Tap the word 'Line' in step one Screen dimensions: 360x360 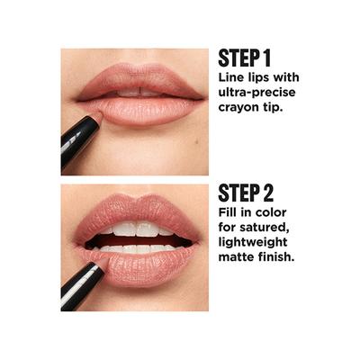tap(233, 80)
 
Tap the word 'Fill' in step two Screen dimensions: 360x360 tap(229, 215)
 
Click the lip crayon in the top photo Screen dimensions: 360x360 tap(78, 135)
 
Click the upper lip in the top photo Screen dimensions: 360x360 tap(135, 80)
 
